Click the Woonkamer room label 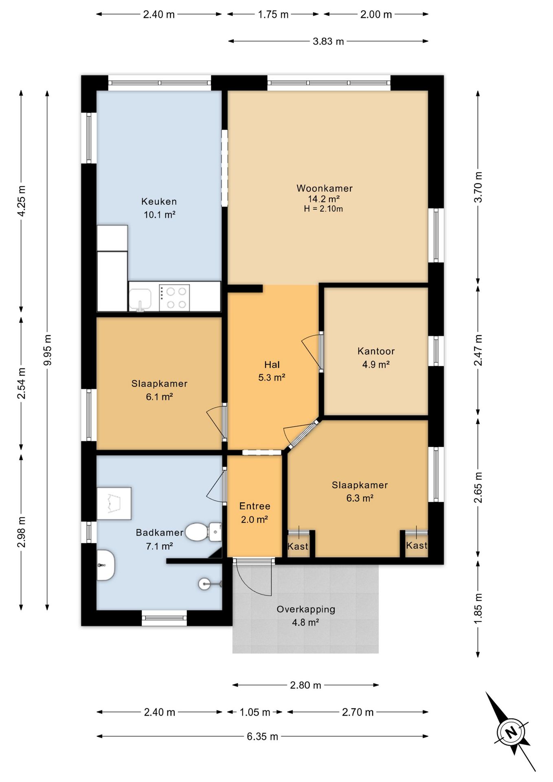[x=324, y=188]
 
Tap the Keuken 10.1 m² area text [x=159, y=215]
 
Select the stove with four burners [x=174, y=298]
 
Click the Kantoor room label [x=376, y=351]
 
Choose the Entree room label [x=255, y=506]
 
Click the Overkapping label [x=306, y=609]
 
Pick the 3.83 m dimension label [x=328, y=41]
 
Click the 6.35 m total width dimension [x=262, y=736]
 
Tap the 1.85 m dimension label [x=478, y=608]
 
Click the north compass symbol [x=511, y=732]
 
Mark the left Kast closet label [x=298, y=547]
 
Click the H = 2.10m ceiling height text [x=323, y=209]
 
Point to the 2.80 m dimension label [x=305, y=685]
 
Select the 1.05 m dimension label [x=255, y=712]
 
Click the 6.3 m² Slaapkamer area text [x=360, y=498]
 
